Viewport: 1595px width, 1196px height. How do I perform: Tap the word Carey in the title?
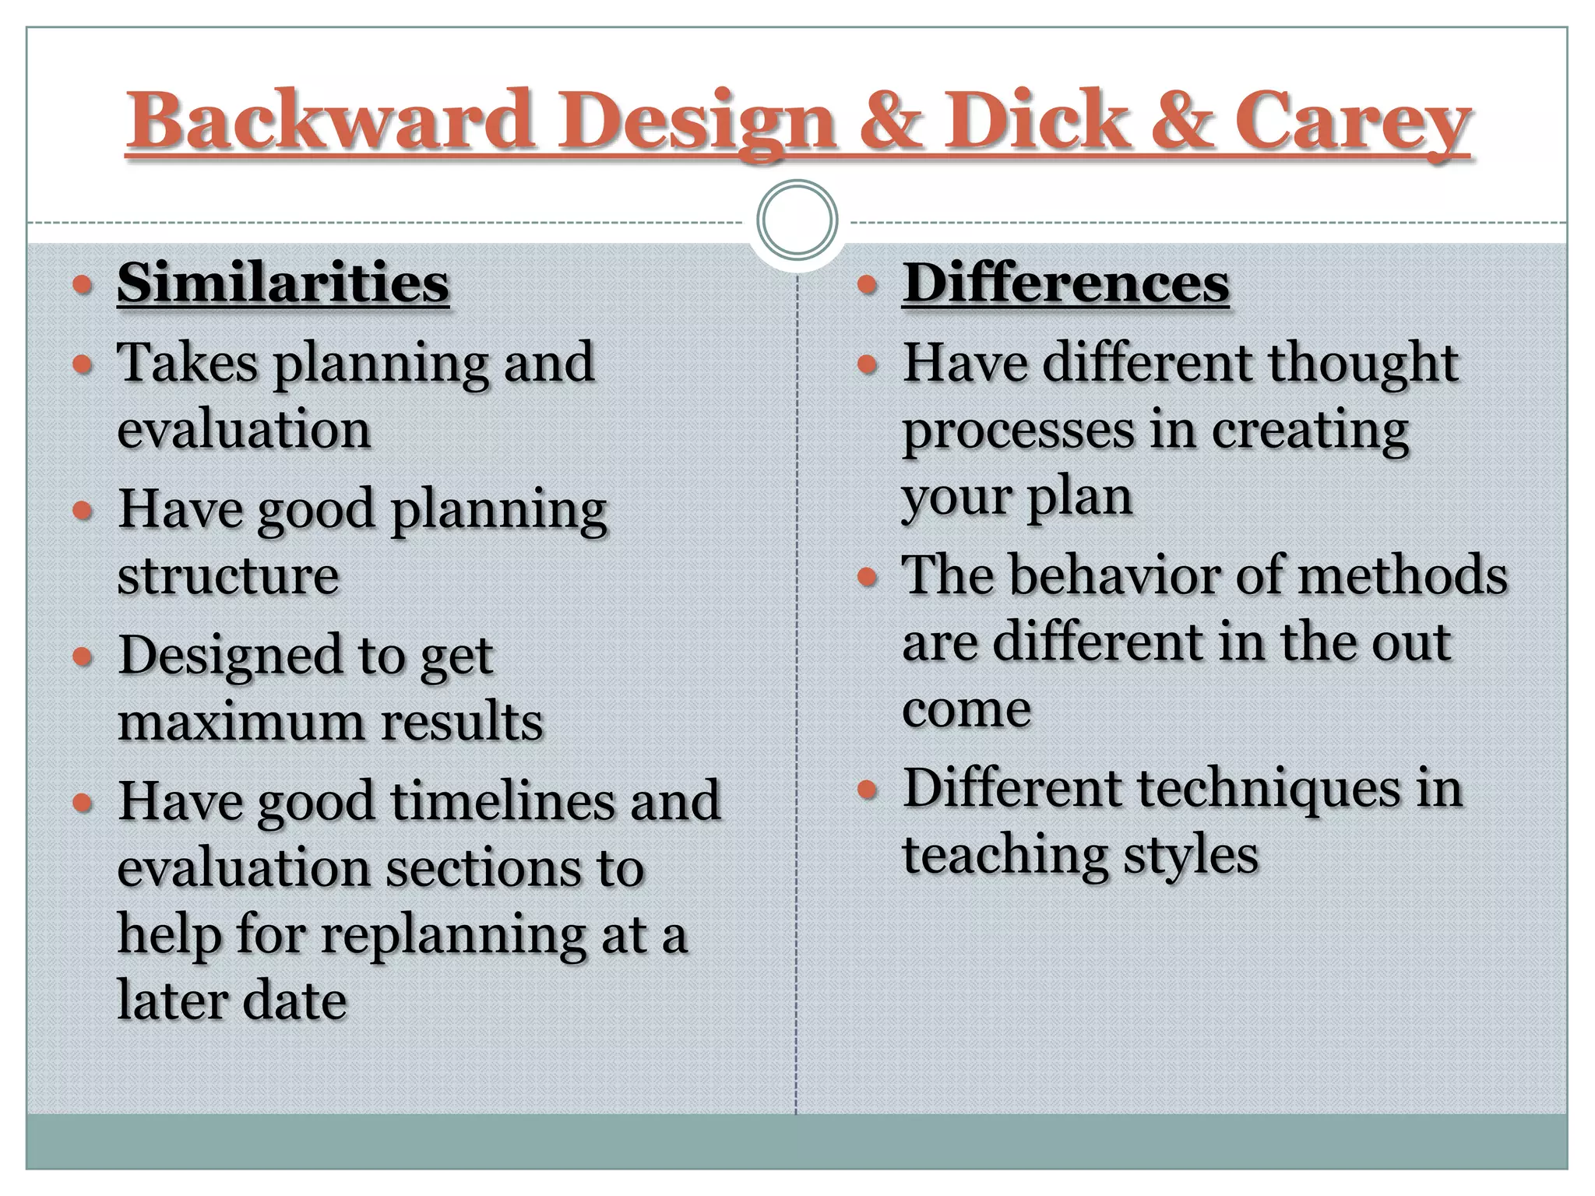1351,121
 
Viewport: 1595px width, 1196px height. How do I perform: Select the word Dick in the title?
1036,121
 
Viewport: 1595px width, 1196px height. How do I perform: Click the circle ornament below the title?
797,220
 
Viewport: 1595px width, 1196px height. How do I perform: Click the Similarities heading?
283,283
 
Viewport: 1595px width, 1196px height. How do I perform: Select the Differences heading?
1065,283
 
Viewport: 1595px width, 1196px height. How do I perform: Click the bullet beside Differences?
867,285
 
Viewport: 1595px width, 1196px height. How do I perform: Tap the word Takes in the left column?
187,363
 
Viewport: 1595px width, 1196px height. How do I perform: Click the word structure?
228,576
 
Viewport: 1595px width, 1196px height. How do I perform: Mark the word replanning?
453,934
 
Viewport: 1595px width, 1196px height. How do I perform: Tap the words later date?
231,1001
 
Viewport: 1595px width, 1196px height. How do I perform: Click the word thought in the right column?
1363,363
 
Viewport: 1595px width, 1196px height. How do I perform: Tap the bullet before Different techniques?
867,790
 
